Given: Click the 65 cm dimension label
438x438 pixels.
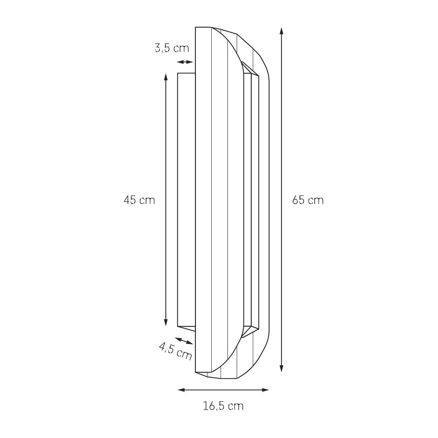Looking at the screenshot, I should (308, 200).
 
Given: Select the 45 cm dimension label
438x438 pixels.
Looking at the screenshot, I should (139, 200).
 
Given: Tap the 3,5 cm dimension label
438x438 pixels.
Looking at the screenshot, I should (172, 48).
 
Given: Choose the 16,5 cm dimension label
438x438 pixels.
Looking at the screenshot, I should (223, 406).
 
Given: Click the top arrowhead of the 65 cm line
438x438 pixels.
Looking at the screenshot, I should (281, 30).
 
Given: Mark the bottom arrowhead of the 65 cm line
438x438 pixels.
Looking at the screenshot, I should (281, 369).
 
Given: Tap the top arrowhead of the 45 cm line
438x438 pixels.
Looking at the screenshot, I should (166, 76).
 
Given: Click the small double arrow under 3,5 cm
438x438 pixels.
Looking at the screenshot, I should (185, 62).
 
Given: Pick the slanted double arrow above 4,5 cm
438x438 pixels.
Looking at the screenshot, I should (184, 341).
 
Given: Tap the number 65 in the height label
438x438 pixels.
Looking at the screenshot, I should (298, 200).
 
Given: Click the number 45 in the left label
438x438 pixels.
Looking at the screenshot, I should (130, 200).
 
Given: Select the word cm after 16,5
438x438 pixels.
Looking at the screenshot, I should (235, 406).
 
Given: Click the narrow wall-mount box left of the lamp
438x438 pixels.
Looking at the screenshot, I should (186, 200).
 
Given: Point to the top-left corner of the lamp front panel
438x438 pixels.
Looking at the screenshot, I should (196, 27).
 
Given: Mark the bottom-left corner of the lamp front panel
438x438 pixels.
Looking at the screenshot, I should (196, 372).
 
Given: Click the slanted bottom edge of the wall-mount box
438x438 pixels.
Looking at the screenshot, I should (187, 328).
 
